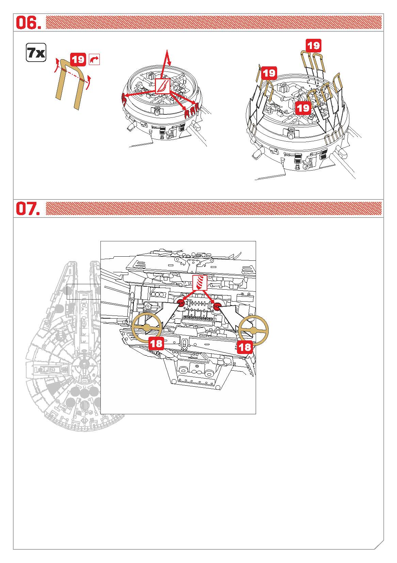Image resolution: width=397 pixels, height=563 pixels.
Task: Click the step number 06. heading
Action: point(28,22)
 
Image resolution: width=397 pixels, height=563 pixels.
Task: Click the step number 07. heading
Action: point(28,209)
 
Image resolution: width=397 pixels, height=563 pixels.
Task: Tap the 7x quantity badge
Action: point(36,52)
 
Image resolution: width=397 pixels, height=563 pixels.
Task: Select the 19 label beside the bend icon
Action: point(78,60)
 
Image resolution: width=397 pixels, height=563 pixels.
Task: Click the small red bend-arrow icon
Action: point(94,60)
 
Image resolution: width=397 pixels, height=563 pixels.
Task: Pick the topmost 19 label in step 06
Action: point(314,46)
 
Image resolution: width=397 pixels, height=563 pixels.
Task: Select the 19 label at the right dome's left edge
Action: point(269,73)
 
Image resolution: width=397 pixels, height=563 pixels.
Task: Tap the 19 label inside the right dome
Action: point(303,108)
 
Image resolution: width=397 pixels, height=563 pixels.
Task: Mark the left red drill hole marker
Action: point(181,303)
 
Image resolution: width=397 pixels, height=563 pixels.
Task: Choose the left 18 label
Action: point(156,343)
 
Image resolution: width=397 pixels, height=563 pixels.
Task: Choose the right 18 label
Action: point(245,347)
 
